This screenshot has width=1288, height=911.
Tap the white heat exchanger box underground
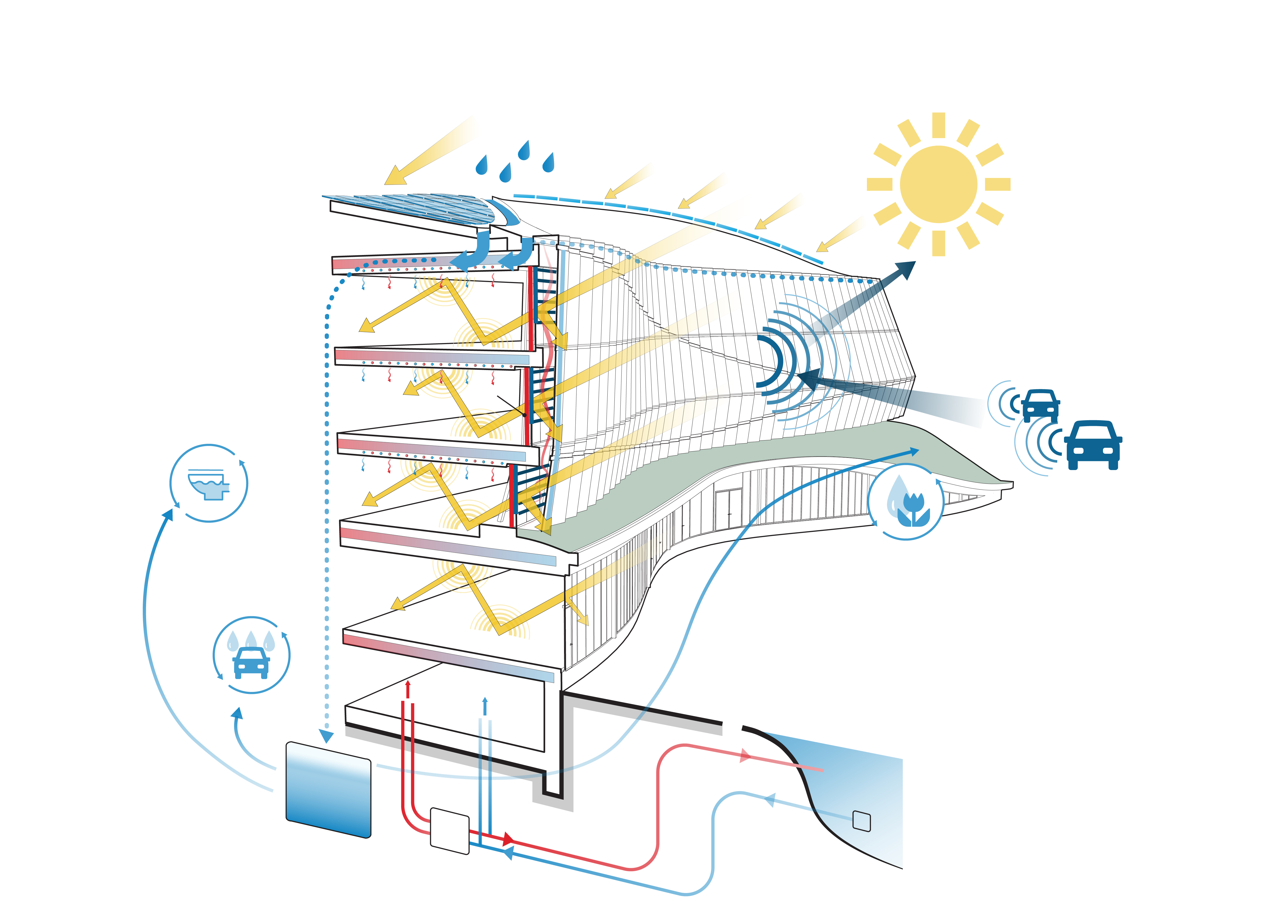[449, 831]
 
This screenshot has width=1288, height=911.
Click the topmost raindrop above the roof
[524, 150]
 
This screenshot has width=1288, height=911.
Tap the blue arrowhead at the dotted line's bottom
[326, 736]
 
